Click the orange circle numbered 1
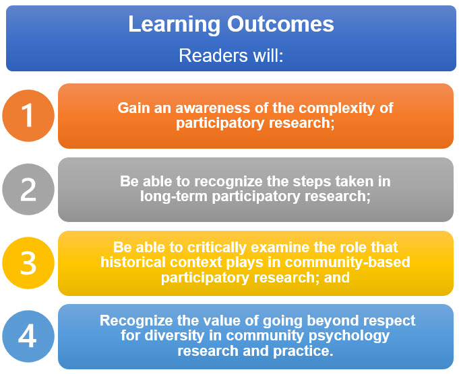coord(28,116)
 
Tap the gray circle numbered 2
coord(28,189)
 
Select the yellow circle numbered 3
coord(28,263)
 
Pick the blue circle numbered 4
coord(28,336)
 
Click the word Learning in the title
coord(174,25)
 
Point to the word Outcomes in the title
coord(281,24)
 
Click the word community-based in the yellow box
coord(347,263)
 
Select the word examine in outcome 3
coord(280,247)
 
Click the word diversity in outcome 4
coord(174,336)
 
